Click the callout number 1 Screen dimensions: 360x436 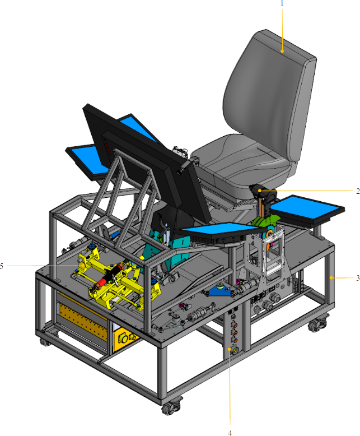click(282, 3)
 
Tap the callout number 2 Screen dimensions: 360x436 click(358, 191)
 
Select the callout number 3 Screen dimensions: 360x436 click(358, 278)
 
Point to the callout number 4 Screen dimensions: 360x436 click(230, 433)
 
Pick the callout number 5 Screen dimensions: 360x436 click(2, 266)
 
